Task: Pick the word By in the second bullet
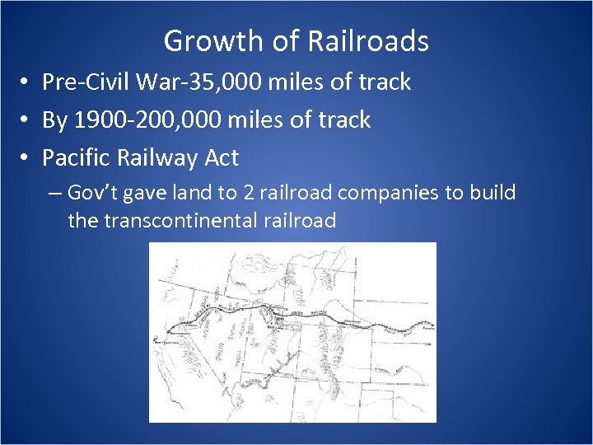[54, 120]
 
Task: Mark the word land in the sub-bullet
[189, 194]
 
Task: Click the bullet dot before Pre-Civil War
[27, 83]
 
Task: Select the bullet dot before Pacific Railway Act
[27, 158]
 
